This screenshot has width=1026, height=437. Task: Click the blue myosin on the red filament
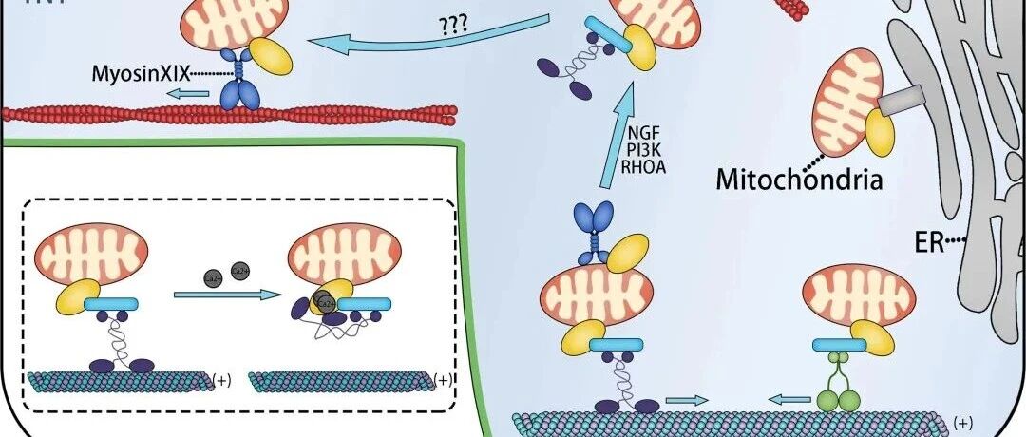[x=236, y=85]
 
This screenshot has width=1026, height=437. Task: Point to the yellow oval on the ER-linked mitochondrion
[x=880, y=134]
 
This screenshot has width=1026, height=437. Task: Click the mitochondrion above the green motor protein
[x=859, y=298]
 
